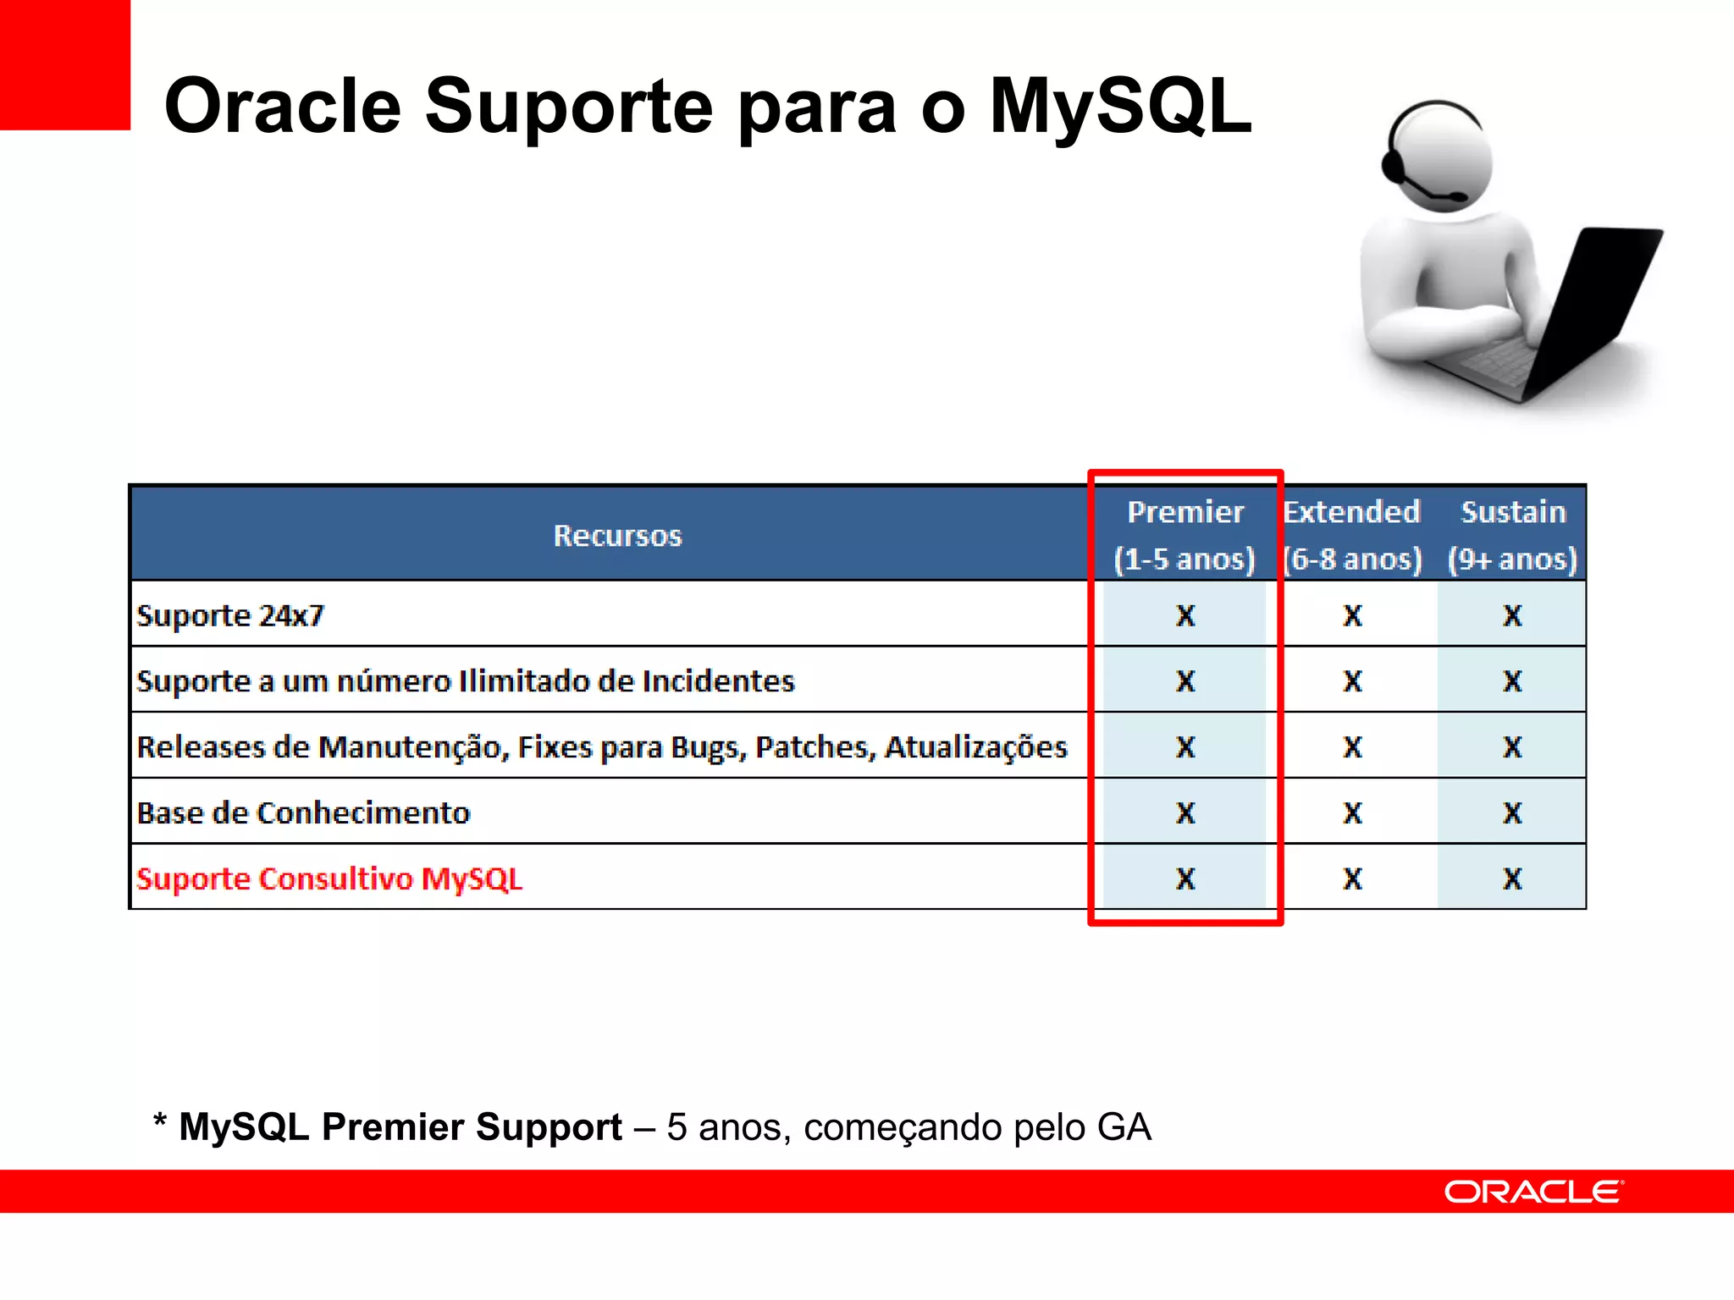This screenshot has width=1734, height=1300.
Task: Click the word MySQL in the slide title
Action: point(1119,107)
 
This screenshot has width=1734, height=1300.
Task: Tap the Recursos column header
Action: point(617,536)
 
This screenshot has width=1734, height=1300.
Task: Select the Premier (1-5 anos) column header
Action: point(1185,535)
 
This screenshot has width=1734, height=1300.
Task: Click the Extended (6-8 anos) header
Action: point(1352,535)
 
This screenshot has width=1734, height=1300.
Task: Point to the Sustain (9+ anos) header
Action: point(1512,535)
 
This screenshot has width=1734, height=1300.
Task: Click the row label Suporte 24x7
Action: point(230,615)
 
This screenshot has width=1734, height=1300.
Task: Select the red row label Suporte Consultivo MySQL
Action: point(329,879)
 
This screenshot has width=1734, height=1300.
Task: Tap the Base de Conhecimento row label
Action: point(303,812)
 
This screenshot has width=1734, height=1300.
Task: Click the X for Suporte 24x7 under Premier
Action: point(1185,615)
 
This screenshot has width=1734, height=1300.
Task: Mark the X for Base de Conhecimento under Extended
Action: point(1352,812)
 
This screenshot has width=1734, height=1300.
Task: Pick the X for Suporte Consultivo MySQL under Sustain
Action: point(1512,879)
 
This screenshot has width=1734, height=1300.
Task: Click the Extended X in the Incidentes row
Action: point(1352,681)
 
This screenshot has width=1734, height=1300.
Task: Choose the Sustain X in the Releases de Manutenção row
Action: point(1512,747)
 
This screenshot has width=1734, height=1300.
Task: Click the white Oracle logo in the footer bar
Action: point(1533,1192)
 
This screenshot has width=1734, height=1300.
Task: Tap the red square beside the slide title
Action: point(64,64)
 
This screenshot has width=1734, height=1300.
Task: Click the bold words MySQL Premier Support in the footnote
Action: point(400,1127)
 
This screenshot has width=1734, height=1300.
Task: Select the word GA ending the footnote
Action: point(1124,1127)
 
